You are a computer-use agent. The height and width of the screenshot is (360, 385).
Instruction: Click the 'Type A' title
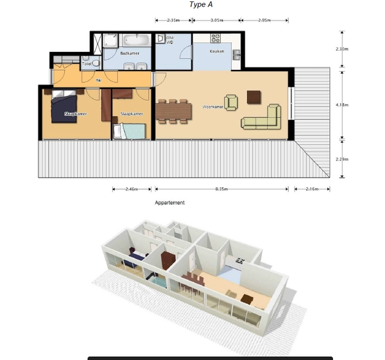click(201, 4)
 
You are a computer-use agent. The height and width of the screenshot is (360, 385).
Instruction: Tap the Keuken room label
click(217, 51)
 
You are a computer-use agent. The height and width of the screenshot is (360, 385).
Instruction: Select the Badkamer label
click(130, 53)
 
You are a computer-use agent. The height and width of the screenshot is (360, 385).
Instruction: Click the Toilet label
click(87, 64)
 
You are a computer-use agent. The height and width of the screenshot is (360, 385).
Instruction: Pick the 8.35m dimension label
click(222, 189)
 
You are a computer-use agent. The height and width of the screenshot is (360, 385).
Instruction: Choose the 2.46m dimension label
click(132, 189)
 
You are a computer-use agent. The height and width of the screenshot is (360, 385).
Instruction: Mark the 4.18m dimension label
click(342, 105)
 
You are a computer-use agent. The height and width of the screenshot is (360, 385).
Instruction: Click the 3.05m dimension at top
click(217, 21)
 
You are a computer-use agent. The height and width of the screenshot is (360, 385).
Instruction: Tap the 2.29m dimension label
click(342, 159)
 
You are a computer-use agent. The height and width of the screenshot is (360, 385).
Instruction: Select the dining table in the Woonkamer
click(173, 109)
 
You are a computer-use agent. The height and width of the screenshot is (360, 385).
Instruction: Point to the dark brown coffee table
click(254, 96)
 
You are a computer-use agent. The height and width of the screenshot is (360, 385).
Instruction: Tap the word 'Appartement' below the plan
click(170, 203)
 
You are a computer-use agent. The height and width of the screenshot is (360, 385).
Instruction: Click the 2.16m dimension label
click(312, 189)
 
